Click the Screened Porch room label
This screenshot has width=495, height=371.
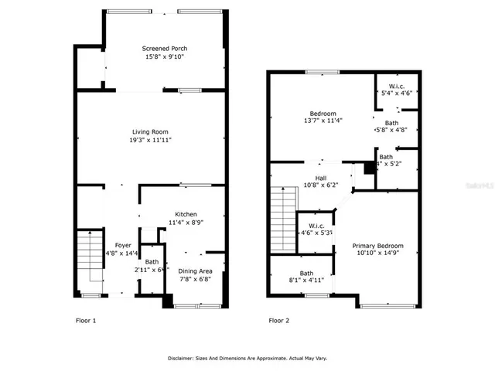[165, 48]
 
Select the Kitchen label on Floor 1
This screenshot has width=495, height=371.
[186, 214]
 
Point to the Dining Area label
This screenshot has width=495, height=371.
[195, 271]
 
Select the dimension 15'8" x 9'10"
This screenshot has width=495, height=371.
[165, 56]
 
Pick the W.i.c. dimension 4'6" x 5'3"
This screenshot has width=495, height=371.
[316, 232]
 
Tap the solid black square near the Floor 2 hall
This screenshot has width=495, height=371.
[369, 168]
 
